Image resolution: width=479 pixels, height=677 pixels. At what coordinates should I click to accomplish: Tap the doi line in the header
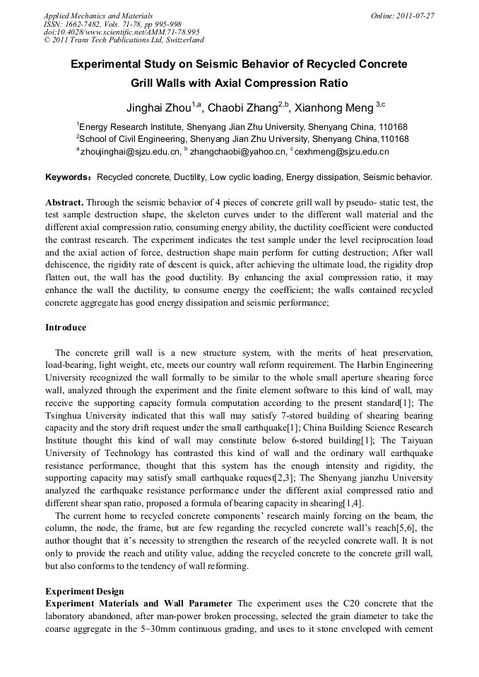122,32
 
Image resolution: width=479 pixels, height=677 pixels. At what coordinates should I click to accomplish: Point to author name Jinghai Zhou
159,108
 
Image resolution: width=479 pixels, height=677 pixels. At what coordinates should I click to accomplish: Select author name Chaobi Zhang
242,108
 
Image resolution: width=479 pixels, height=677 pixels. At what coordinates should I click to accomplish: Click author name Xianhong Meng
334,108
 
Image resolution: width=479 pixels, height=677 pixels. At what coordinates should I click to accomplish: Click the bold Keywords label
69,176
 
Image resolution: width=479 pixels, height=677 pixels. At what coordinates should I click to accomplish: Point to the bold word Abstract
65,202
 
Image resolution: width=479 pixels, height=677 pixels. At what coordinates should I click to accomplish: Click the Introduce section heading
66,328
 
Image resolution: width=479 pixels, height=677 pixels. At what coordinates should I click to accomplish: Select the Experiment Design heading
85,591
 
